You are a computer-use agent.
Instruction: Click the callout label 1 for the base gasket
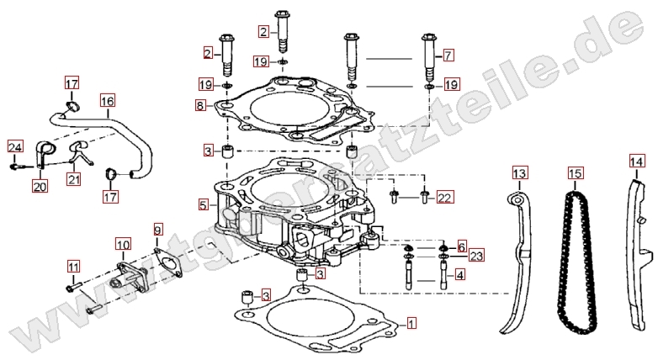tap(411, 323)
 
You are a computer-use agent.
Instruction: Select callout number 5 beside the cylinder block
tap(204, 205)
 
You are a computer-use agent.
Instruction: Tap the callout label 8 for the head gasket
tap(200, 105)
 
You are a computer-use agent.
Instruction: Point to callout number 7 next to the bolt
tap(448, 55)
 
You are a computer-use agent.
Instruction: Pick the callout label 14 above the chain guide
tap(636, 161)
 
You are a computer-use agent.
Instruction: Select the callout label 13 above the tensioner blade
tap(519, 173)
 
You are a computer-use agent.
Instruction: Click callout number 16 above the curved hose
tap(108, 101)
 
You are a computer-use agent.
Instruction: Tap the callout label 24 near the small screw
tap(15, 147)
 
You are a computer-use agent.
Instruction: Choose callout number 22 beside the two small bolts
tap(445, 197)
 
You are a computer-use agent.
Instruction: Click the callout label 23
tap(476, 255)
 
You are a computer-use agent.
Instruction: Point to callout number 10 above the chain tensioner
tap(123, 244)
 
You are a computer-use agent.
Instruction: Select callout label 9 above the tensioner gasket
tap(157, 230)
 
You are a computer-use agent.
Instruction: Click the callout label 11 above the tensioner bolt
tap(73, 266)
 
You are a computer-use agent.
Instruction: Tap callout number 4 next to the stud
tap(460, 275)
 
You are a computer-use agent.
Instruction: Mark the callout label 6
tap(462, 246)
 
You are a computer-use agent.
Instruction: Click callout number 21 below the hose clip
tap(74, 179)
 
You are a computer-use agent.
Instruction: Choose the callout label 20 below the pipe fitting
tap(40, 186)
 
